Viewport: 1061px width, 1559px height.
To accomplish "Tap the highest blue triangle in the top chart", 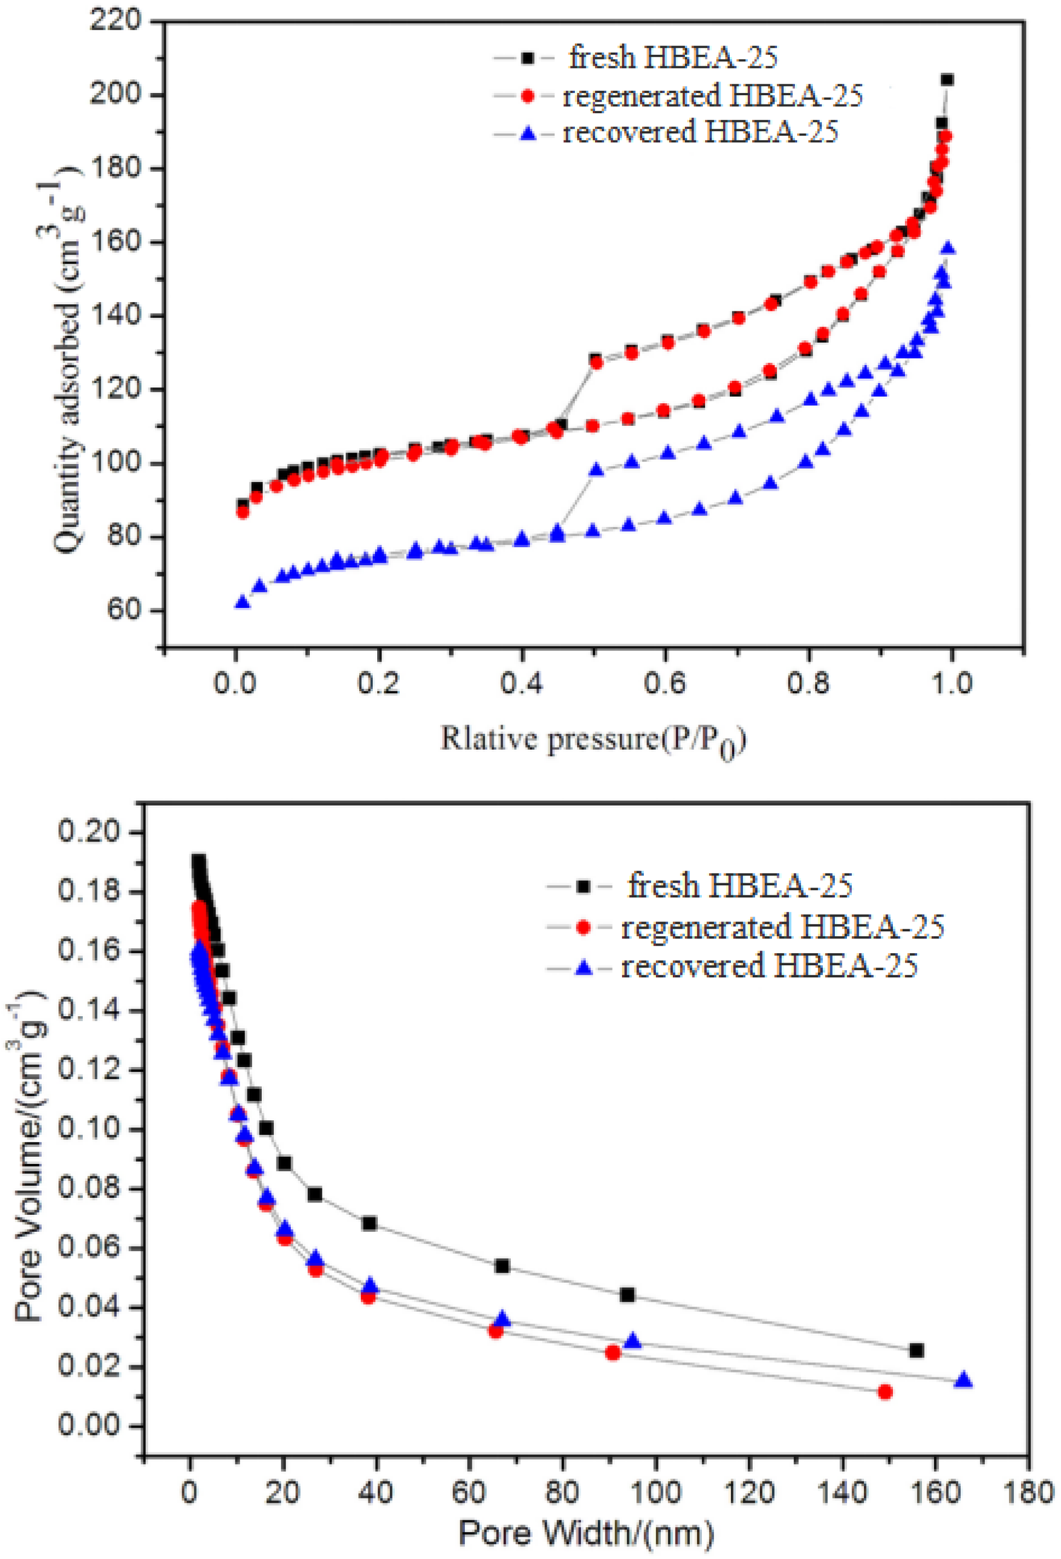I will pyautogui.click(x=948, y=249).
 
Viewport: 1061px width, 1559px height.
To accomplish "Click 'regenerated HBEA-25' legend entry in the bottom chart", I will pyautogui.click(x=782, y=926).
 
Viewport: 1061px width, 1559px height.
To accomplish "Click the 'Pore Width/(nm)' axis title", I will pyautogui.click(x=586, y=1533).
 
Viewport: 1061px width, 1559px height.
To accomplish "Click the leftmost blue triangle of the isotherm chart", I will pyautogui.click(x=243, y=602).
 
